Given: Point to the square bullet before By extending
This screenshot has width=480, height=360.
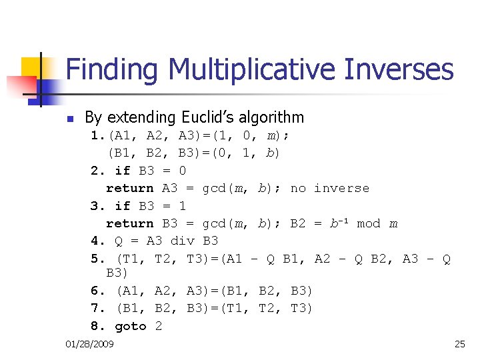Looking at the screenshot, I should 69,119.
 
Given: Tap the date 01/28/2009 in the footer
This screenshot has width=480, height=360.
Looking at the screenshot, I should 90,344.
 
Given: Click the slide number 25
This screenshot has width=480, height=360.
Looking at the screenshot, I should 459,344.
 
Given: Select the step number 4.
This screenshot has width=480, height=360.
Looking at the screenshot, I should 95,241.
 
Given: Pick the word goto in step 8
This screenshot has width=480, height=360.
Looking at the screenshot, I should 131,326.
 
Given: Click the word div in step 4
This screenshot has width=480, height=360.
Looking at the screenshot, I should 183,241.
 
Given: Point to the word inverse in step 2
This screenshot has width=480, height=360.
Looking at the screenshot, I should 341,188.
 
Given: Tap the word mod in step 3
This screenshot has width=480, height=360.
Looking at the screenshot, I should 369,223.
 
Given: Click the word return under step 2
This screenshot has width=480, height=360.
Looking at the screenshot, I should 129,188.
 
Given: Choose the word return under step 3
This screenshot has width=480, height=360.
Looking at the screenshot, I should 129,223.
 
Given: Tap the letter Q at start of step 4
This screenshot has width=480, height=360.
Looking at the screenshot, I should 121,241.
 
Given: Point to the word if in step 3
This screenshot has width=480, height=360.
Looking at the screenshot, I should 123,206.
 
